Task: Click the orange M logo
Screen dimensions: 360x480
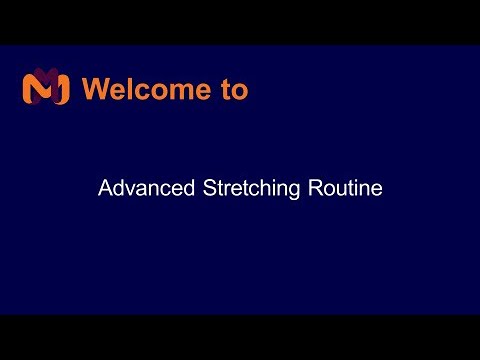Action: (45, 88)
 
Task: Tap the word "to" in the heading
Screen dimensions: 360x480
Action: (232, 89)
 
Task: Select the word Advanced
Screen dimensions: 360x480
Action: (138, 188)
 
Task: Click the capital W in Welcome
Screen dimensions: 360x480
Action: (95, 89)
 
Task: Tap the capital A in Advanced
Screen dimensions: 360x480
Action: (104, 188)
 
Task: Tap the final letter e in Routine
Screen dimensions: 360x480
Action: (376, 190)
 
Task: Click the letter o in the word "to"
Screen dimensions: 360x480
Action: (238, 91)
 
